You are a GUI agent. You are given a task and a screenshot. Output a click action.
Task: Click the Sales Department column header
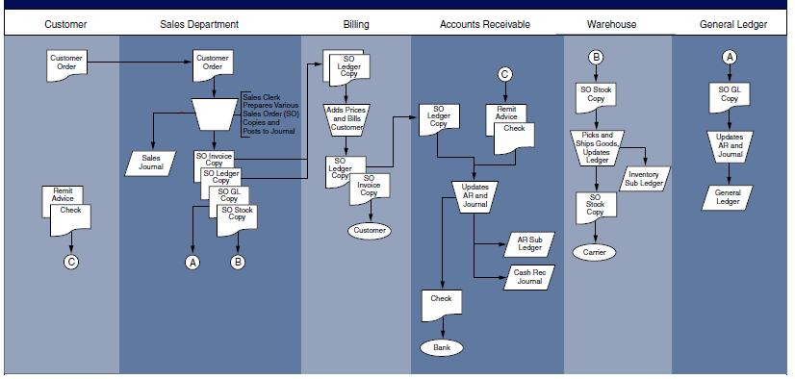click(x=199, y=23)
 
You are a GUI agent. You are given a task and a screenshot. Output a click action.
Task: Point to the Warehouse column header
click(x=610, y=23)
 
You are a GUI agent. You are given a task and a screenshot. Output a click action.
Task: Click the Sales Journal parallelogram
click(x=151, y=162)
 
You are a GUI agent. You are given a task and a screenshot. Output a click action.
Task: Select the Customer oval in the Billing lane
click(x=369, y=230)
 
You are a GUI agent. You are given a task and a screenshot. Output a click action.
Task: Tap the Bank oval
click(x=441, y=346)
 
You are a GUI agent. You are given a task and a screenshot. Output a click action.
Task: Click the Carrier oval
click(x=597, y=252)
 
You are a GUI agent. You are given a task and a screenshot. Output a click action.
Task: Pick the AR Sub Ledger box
click(x=529, y=243)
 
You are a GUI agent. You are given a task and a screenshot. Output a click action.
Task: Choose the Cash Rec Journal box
click(x=529, y=277)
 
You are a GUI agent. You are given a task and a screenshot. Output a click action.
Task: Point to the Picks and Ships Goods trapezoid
click(x=597, y=147)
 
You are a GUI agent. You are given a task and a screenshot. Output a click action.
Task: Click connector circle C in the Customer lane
click(x=71, y=261)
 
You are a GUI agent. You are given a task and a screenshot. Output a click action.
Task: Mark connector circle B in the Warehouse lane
click(x=596, y=57)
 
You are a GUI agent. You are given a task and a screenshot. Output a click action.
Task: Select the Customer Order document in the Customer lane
click(x=65, y=64)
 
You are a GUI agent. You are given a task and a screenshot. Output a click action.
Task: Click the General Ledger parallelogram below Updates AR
click(x=729, y=197)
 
